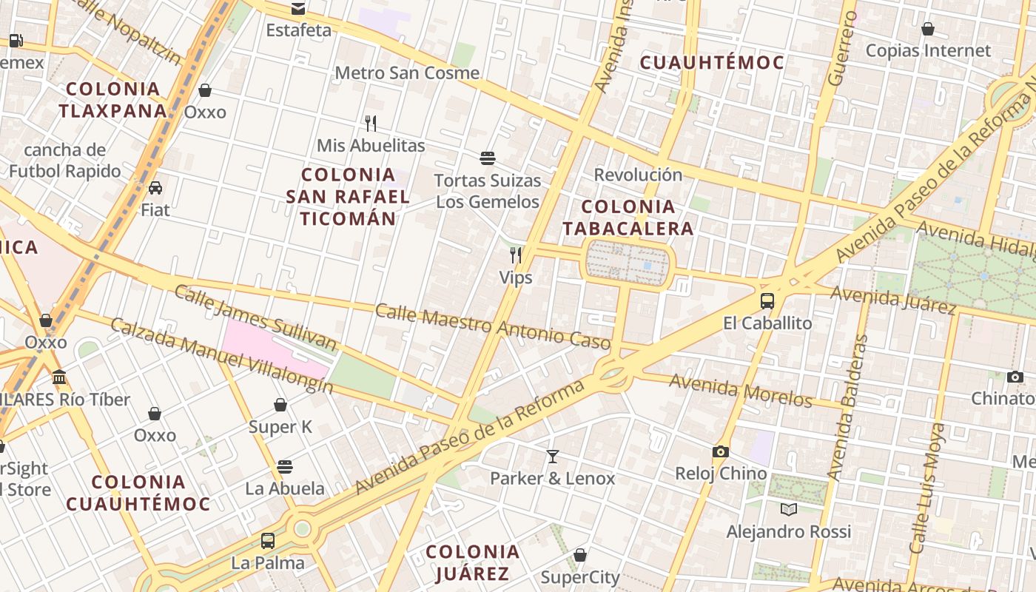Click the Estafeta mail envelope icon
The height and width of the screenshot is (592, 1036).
(x=297, y=9)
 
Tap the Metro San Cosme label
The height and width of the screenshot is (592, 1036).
(x=407, y=73)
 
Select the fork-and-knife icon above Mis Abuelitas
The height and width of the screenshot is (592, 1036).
(x=371, y=123)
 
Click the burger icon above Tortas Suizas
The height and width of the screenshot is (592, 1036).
(x=487, y=158)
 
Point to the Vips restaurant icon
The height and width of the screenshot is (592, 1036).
(x=516, y=255)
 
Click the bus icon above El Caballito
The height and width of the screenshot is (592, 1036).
(x=767, y=301)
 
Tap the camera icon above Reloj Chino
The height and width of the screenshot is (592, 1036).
(x=720, y=451)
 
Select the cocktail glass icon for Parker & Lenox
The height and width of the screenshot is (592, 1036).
(x=552, y=456)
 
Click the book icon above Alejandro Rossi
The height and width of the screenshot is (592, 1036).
(x=788, y=509)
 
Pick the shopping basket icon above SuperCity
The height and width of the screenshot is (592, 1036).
(x=580, y=555)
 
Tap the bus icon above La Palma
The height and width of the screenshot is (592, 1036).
(x=268, y=540)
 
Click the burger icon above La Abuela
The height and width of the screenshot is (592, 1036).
(x=285, y=466)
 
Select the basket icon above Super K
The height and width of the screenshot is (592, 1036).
(x=280, y=405)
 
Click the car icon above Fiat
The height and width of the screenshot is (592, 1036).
(x=155, y=188)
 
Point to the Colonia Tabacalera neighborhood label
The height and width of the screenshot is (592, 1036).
(x=628, y=218)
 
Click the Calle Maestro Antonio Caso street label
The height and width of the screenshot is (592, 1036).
(x=492, y=326)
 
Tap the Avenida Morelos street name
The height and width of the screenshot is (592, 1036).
(x=741, y=390)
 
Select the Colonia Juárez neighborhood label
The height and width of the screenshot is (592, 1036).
(x=473, y=562)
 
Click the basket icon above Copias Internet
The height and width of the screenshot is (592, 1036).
(x=927, y=29)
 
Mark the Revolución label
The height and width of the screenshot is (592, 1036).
(x=638, y=175)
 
